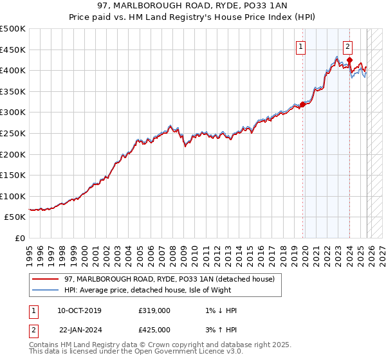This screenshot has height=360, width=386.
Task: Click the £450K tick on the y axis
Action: [14, 50]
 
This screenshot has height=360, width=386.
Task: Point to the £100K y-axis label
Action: [14, 196]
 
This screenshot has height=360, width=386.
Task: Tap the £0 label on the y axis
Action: [20, 239]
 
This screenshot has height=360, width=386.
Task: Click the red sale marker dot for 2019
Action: [302, 104]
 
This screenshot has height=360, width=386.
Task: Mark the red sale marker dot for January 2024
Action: [349, 60]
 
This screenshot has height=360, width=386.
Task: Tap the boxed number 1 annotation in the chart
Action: [300, 46]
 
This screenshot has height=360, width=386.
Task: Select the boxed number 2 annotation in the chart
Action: [347, 46]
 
